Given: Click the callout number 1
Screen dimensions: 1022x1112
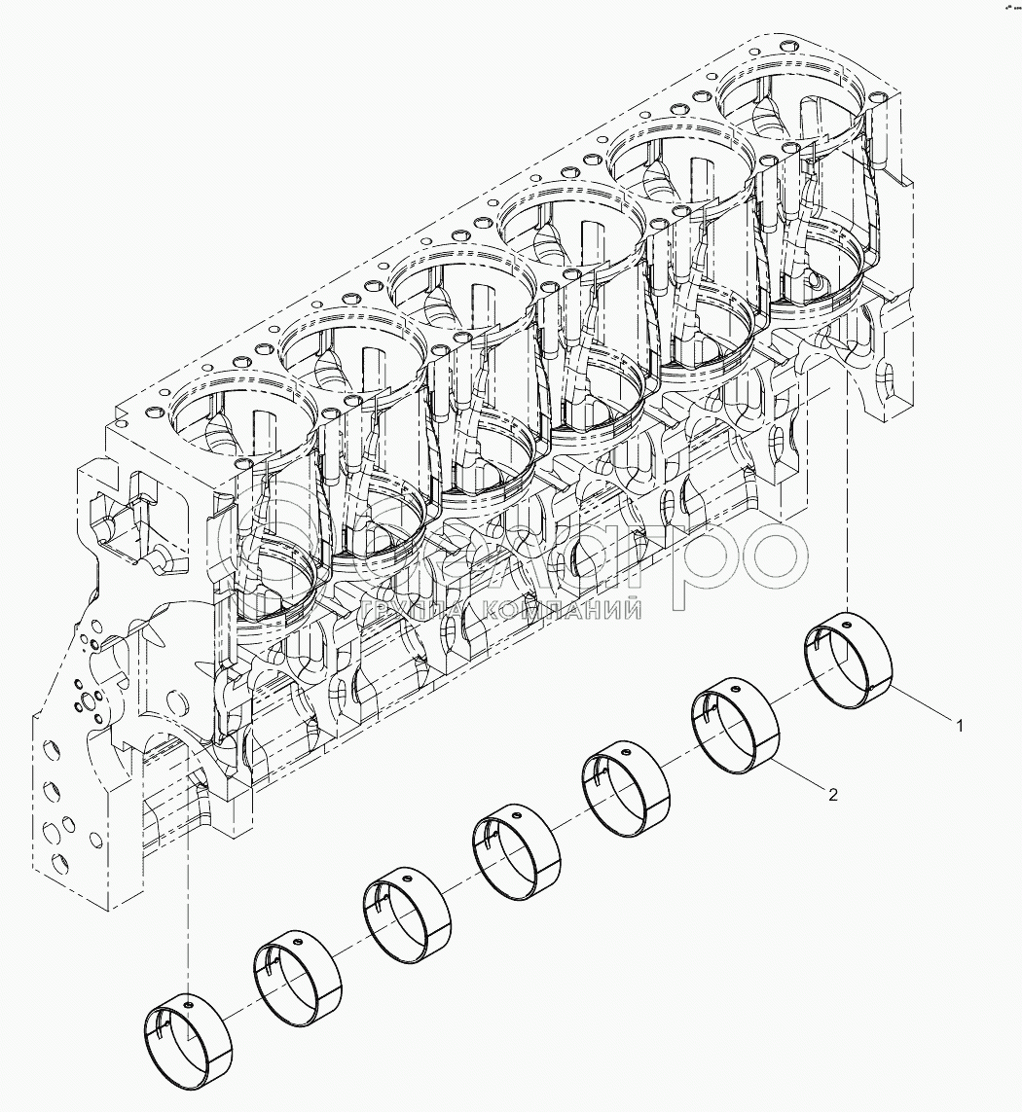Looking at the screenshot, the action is coord(959,726).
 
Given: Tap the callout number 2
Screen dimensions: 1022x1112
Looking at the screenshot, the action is coord(833,795).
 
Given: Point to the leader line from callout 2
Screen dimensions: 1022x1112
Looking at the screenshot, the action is coord(799,775).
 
